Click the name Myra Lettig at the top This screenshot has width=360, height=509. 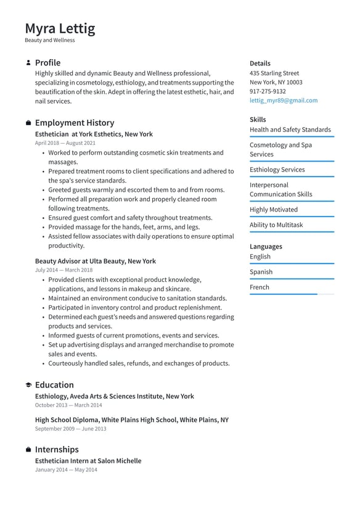pos(60,28)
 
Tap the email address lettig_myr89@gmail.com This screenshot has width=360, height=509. pos(284,101)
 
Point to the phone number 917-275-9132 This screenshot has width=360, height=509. pos(268,91)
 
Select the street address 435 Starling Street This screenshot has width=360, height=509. pos(274,73)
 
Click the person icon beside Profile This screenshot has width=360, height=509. pos(28,63)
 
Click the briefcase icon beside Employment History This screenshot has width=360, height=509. pos(28,123)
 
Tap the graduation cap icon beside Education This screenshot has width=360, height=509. pos(28,385)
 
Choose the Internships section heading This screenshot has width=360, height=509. pos(57,450)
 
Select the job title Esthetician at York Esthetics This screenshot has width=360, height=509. pos(94,134)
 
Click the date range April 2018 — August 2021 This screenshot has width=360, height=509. pos(65,143)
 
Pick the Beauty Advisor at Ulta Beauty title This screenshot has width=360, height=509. pos(96,261)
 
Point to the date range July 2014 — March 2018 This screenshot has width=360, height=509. pos(63,270)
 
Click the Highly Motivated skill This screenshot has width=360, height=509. pos(273,210)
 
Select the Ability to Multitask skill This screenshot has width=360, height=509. pos(276,225)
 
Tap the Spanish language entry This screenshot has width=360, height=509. pos(261,272)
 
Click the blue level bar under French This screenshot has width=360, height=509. pos(284,294)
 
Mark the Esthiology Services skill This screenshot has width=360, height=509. pos(277,170)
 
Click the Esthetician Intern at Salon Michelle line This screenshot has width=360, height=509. pos(88,461)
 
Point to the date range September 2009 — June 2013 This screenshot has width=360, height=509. pos(70,429)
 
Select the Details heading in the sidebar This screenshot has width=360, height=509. pos(260,64)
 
